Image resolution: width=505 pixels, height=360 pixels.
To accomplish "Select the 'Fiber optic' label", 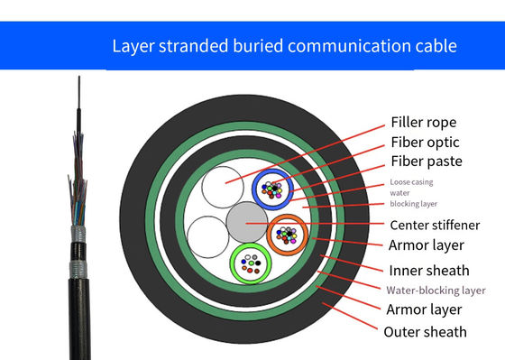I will pyautogui.click(x=424, y=142).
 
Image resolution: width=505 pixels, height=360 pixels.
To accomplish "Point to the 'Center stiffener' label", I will pyautogui.click(x=435, y=224).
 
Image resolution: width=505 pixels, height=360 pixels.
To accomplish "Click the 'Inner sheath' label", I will pyautogui.click(x=427, y=269).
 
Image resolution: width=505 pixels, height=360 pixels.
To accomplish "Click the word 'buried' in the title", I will pyautogui.click(x=280, y=44).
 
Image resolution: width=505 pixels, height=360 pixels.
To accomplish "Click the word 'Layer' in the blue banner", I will pyautogui.click(x=131, y=44).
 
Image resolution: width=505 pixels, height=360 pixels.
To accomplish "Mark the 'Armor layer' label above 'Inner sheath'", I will pyautogui.click(x=426, y=245).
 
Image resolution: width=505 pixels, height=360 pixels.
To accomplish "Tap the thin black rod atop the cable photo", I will pyautogui.click(x=78, y=99).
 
